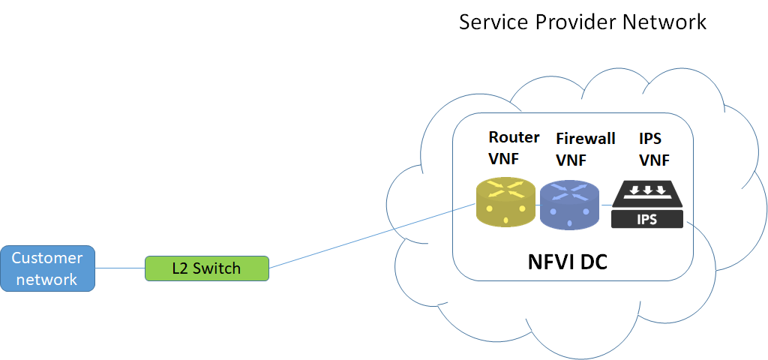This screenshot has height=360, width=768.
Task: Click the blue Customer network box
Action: tap(47, 268)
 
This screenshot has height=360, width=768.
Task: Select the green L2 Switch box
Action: tap(206, 268)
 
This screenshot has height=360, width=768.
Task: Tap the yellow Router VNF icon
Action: tap(505, 203)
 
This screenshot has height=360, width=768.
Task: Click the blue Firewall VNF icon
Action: tap(569, 205)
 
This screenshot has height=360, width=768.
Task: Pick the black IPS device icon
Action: tap(648, 204)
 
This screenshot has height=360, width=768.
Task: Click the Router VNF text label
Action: tap(514, 148)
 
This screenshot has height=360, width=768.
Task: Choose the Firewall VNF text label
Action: tap(585, 148)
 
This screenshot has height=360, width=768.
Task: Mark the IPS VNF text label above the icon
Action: tap(654, 148)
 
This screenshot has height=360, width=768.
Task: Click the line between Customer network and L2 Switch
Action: tap(120, 268)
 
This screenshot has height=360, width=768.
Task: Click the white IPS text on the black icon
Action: tap(648, 219)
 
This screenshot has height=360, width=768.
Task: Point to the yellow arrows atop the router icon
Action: tap(505, 190)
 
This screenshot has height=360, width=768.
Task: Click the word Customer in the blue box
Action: tap(47, 258)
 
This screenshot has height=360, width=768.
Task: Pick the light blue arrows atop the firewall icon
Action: tap(569, 191)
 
